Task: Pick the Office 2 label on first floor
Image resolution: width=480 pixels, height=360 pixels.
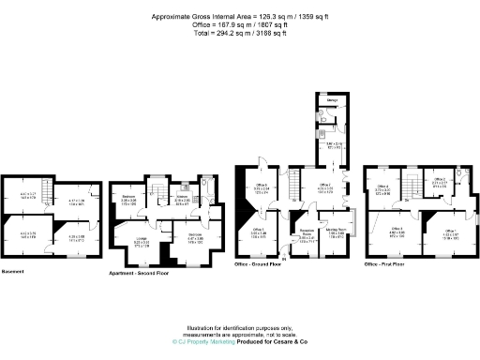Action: [440, 183]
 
